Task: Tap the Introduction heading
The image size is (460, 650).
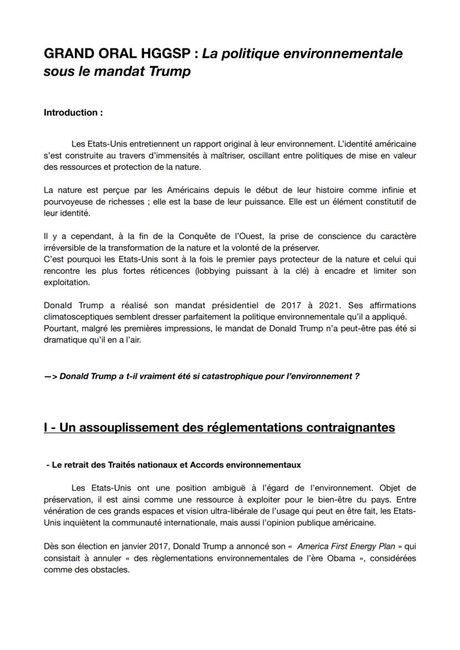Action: pyautogui.click(x=73, y=113)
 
